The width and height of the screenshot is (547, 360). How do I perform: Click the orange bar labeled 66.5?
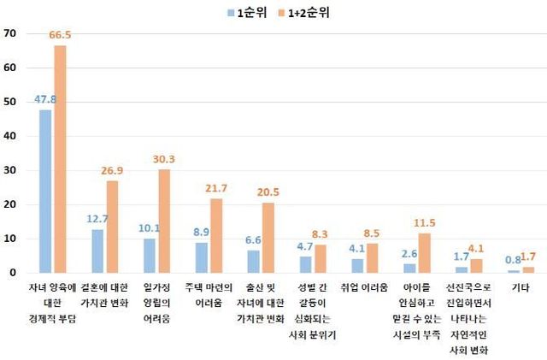[60, 159]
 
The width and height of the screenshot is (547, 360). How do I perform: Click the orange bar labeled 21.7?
[215, 236]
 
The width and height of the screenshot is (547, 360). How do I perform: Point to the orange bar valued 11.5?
[424, 253]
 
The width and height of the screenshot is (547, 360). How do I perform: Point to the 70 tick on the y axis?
[10, 33]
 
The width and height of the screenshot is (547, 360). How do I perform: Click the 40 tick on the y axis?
[10, 136]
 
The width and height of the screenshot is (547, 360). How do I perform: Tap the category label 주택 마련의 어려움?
[207, 296]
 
